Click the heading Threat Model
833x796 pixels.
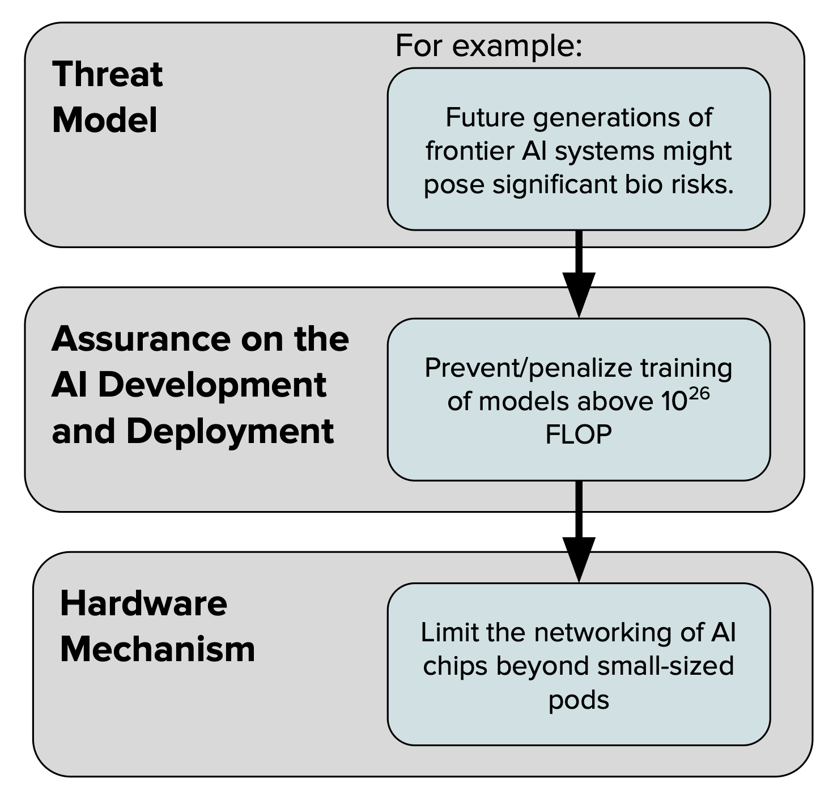(x=107, y=97)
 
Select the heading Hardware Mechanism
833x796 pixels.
(x=157, y=626)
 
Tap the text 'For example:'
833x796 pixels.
(x=488, y=45)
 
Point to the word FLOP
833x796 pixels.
(x=579, y=435)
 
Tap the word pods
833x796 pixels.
(x=579, y=700)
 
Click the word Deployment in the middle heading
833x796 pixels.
(x=229, y=432)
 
